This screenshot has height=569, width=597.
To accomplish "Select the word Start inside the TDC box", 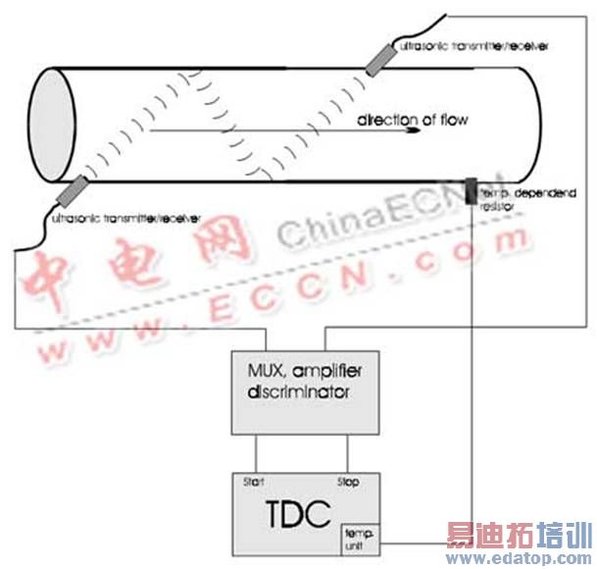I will [x=253, y=483].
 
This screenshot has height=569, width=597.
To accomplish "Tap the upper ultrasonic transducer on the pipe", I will [x=377, y=61].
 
